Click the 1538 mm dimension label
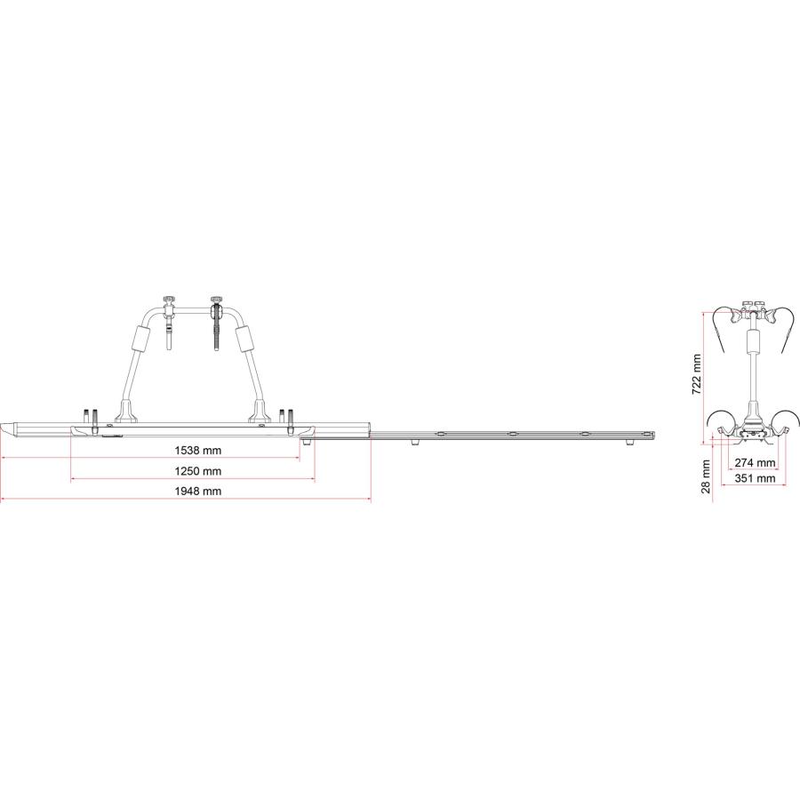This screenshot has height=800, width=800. [198, 451]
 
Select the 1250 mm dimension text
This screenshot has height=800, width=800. [198, 471]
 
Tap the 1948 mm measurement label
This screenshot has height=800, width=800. [198, 492]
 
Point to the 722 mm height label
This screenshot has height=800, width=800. [696, 374]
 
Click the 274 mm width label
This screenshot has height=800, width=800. [755, 463]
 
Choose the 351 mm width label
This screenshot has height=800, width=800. [755, 478]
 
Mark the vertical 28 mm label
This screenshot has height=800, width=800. [706, 476]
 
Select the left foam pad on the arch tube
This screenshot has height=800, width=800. [140, 340]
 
